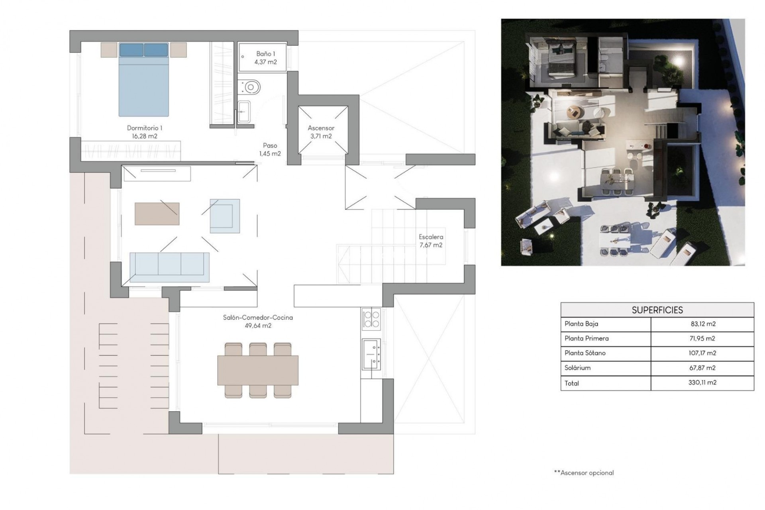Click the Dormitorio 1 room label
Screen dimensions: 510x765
pyautogui.click(x=144, y=128)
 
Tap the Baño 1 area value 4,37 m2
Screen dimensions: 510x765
pyautogui.click(x=265, y=62)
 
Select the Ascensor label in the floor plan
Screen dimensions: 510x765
pyautogui.click(x=321, y=128)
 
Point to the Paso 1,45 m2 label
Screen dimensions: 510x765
pyautogui.click(x=270, y=150)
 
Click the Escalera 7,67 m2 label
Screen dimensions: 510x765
pyautogui.click(x=431, y=241)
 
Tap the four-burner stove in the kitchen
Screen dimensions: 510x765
pyautogui.click(x=371, y=319)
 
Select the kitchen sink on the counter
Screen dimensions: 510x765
pyautogui.click(x=371, y=354)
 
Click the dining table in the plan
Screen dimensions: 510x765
pyautogui.click(x=258, y=370)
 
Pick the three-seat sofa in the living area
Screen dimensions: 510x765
pyautogui.click(x=169, y=267)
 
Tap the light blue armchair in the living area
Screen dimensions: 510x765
pyautogui.click(x=225, y=216)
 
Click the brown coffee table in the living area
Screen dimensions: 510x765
pyautogui.click(x=157, y=214)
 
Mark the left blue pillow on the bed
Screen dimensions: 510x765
pyautogui.click(x=131, y=50)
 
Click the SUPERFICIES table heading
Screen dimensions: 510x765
pyautogui.click(x=657, y=310)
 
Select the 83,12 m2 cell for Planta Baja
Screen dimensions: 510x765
pyautogui.click(x=703, y=324)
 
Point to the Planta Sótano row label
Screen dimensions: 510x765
pyautogui.click(x=585, y=353)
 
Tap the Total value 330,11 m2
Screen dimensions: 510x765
pyautogui.click(x=703, y=382)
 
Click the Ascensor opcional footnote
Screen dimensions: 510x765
pyautogui.click(x=584, y=473)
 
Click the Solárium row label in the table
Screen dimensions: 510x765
pyautogui.click(x=577, y=368)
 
